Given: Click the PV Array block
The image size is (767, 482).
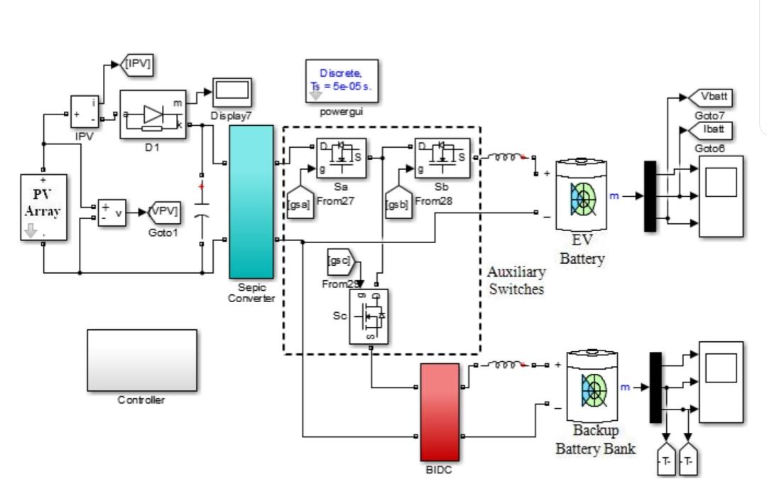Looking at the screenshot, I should coord(43,206).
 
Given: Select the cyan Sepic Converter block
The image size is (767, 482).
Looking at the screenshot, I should coord(251,201).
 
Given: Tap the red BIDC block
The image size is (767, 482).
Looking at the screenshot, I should coord(440,412).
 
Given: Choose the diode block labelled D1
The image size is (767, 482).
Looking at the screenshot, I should coord(152,116).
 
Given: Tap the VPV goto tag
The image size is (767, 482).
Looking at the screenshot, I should coord(164,211).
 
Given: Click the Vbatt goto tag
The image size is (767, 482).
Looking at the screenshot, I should coord(711,97).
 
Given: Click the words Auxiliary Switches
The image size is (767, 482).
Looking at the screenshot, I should coord(516,282).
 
